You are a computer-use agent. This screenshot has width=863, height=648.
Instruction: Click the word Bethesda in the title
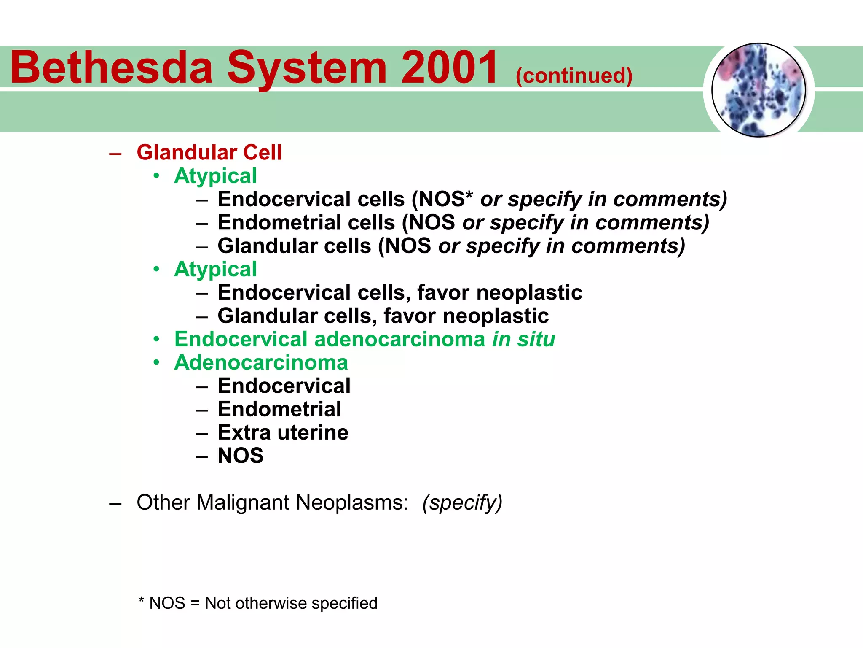pyautogui.click(x=111, y=67)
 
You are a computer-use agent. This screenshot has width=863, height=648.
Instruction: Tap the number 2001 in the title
pyautogui.click(x=449, y=67)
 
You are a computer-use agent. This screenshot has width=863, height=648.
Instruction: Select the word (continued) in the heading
pyautogui.click(x=574, y=76)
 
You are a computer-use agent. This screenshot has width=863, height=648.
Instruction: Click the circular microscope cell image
pyautogui.click(x=758, y=90)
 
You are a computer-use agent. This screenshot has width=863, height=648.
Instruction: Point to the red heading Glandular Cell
pyautogui.click(x=209, y=152)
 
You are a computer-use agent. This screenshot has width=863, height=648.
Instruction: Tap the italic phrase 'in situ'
pyautogui.click(x=523, y=339)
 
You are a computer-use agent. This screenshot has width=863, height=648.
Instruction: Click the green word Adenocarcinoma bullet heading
pyautogui.click(x=261, y=362)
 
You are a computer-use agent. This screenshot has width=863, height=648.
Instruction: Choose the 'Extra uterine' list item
pyautogui.click(x=283, y=432)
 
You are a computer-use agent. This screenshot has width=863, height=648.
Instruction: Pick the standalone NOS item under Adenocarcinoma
pyautogui.click(x=240, y=456)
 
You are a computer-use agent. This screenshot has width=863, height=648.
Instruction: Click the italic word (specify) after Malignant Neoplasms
pyautogui.click(x=462, y=502)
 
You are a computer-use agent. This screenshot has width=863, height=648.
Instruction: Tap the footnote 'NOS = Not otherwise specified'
pyautogui.click(x=263, y=603)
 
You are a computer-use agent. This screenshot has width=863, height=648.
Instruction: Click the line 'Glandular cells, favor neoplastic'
pyautogui.click(x=383, y=316)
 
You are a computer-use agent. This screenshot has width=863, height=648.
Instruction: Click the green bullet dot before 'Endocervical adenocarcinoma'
pyautogui.click(x=156, y=339)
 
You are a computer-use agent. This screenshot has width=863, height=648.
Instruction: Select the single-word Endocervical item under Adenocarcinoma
pyautogui.click(x=284, y=386)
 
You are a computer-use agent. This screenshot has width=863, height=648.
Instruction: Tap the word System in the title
pyautogui.click(x=307, y=67)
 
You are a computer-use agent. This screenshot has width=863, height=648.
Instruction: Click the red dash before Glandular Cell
pyautogui.click(x=115, y=153)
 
